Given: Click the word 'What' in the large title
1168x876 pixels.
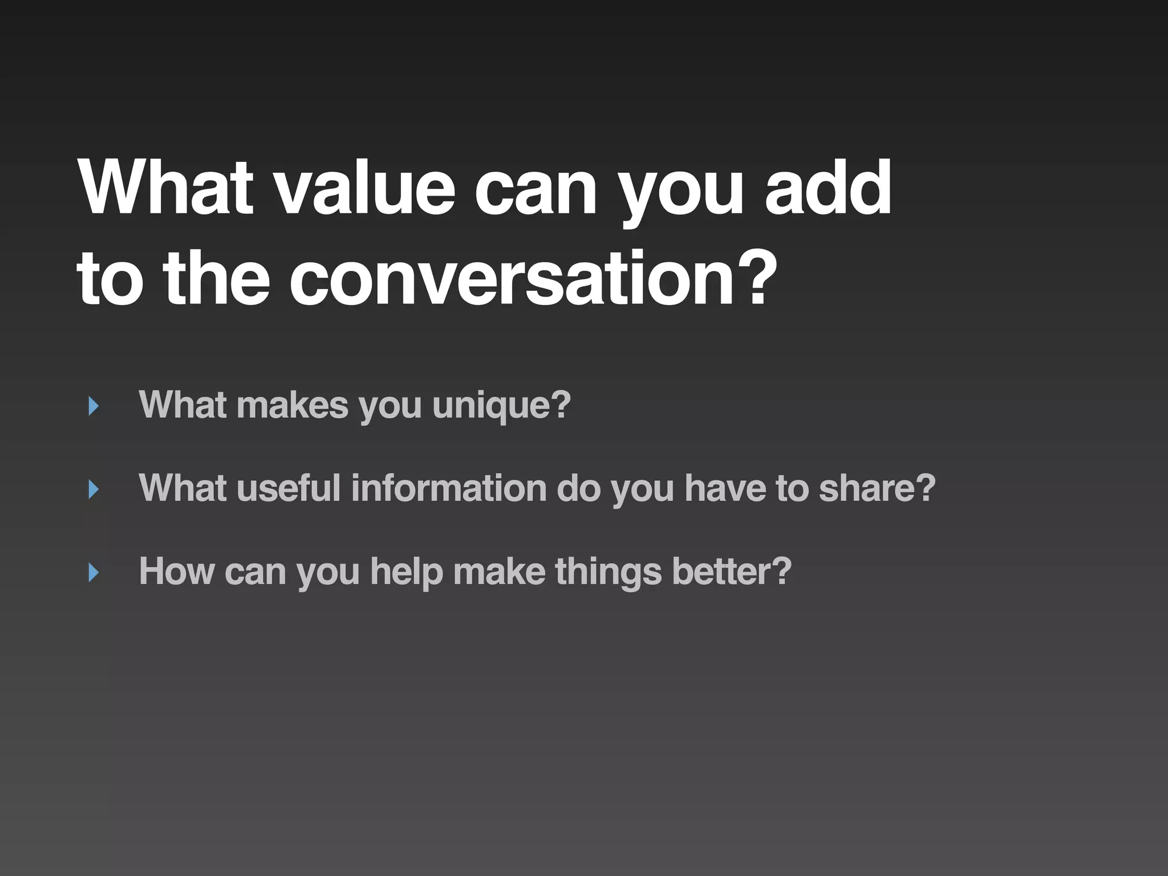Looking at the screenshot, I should (165, 188).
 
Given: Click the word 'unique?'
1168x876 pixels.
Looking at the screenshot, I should (501, 406).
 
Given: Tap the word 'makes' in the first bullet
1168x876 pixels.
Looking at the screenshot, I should (292, 406).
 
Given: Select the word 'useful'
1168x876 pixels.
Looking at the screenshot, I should (288, 489).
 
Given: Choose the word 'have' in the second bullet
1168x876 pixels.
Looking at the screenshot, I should (725, 489).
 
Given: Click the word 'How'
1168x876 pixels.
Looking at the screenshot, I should (177, 571).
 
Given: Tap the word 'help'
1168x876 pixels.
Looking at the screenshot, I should (406, 571).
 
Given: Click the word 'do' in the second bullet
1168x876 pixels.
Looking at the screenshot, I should (578, 489).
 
